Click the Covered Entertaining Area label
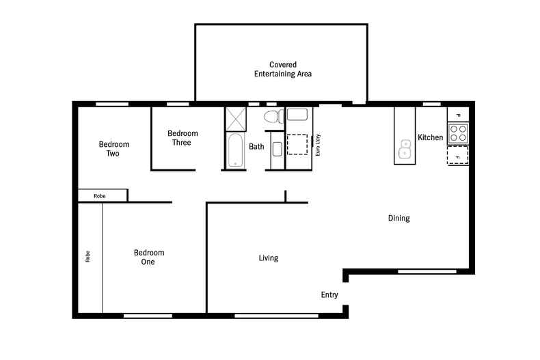(282, 69)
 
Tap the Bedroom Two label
(113, 149)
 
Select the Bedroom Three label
(183, 138)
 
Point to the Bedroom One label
(148, 257)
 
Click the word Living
(268, 258)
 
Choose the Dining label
(399, 219)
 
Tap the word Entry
(329, 295)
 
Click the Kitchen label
(431, 138)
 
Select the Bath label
(256, 146)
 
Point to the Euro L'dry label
(318, 146)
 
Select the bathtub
(234, 150)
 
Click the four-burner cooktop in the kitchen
(457, 132)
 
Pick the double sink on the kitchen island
(405, 148)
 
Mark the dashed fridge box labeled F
(457, 156)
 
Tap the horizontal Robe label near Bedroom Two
(100, 196)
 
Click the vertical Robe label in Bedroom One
(87, 257)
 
